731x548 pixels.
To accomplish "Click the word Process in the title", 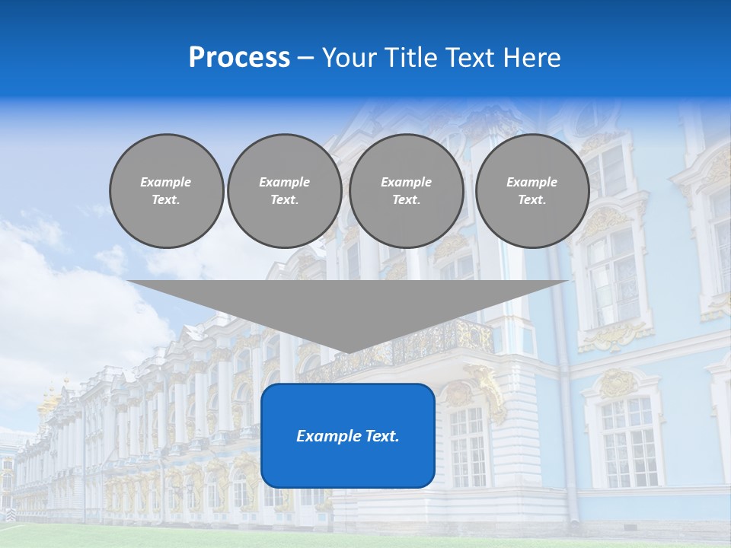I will [239, 58].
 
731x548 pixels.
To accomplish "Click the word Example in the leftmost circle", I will [166, 182].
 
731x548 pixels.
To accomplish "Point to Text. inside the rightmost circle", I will [531, 199].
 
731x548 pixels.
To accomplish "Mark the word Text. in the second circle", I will [284, 199].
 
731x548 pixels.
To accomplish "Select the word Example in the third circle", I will [406, 182].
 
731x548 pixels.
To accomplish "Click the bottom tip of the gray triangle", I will [349, 351].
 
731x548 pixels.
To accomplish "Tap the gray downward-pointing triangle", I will [349, 304].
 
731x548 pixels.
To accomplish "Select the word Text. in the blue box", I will [380, 436].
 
